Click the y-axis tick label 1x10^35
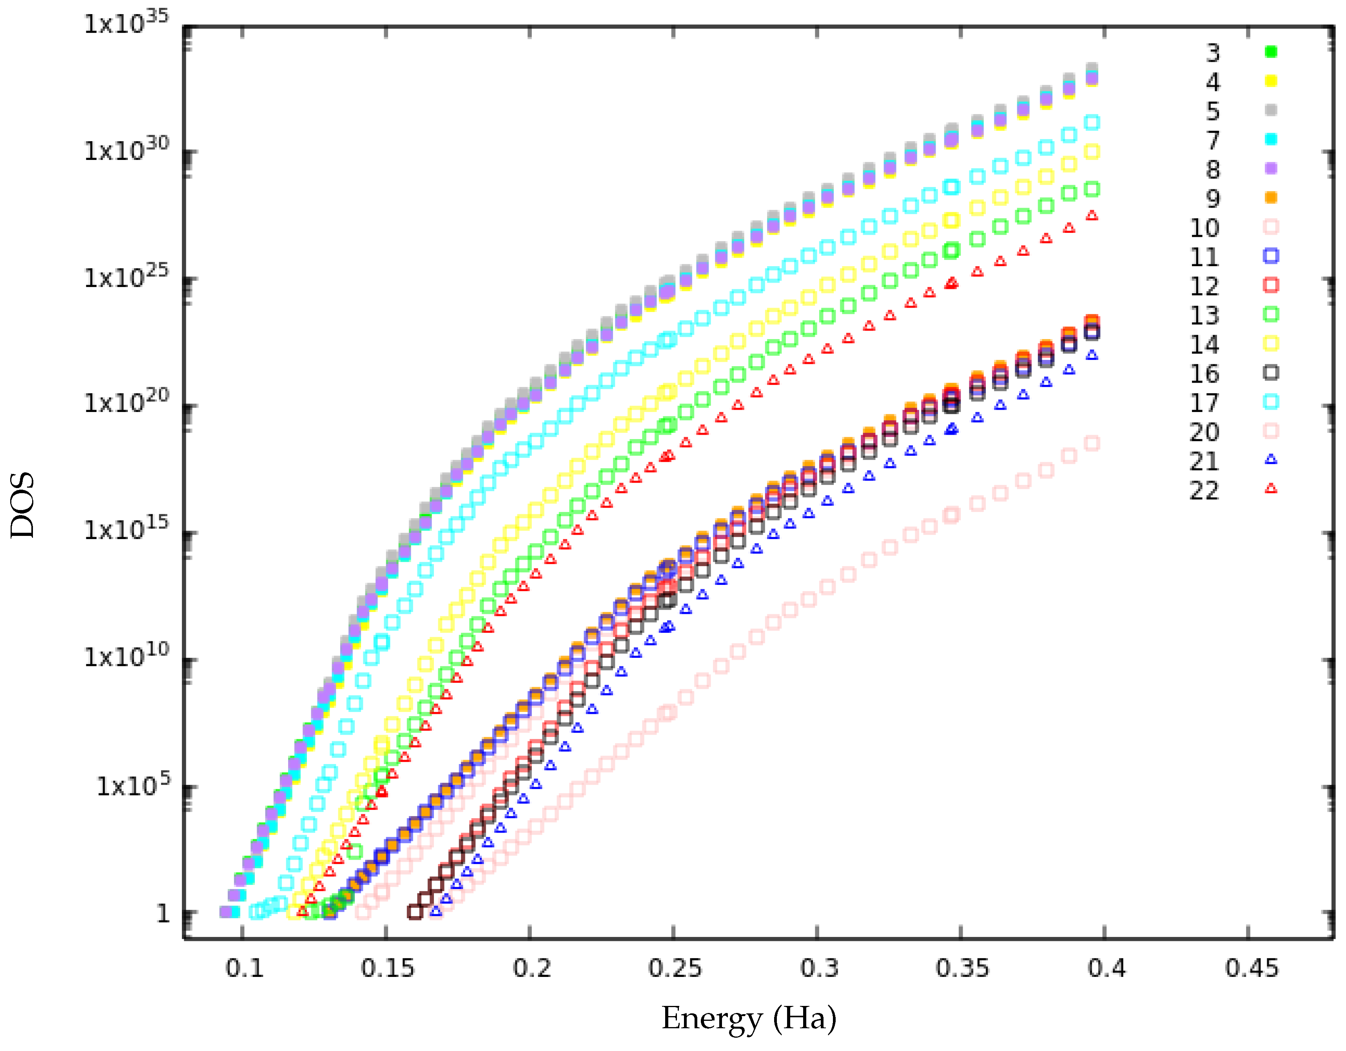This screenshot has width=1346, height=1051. point(126,24)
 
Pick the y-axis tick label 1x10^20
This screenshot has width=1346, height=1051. point(126,403)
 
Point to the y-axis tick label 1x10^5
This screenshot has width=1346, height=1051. point(132,785)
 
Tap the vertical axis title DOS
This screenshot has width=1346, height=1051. point(22,505)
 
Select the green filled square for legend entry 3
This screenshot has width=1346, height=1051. point(1270,52)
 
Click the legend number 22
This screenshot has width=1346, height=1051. point(1204,491)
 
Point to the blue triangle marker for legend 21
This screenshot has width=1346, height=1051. point(1270,459)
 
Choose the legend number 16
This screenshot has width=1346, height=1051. point(1204,374)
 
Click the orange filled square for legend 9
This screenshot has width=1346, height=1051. point(1270,197)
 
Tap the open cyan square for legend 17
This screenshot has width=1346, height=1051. point(1270,402)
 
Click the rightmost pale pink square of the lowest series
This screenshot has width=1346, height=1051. point(1092,443)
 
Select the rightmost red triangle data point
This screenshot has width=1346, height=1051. point(1092,216)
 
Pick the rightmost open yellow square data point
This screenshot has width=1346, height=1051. point(1092,152)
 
